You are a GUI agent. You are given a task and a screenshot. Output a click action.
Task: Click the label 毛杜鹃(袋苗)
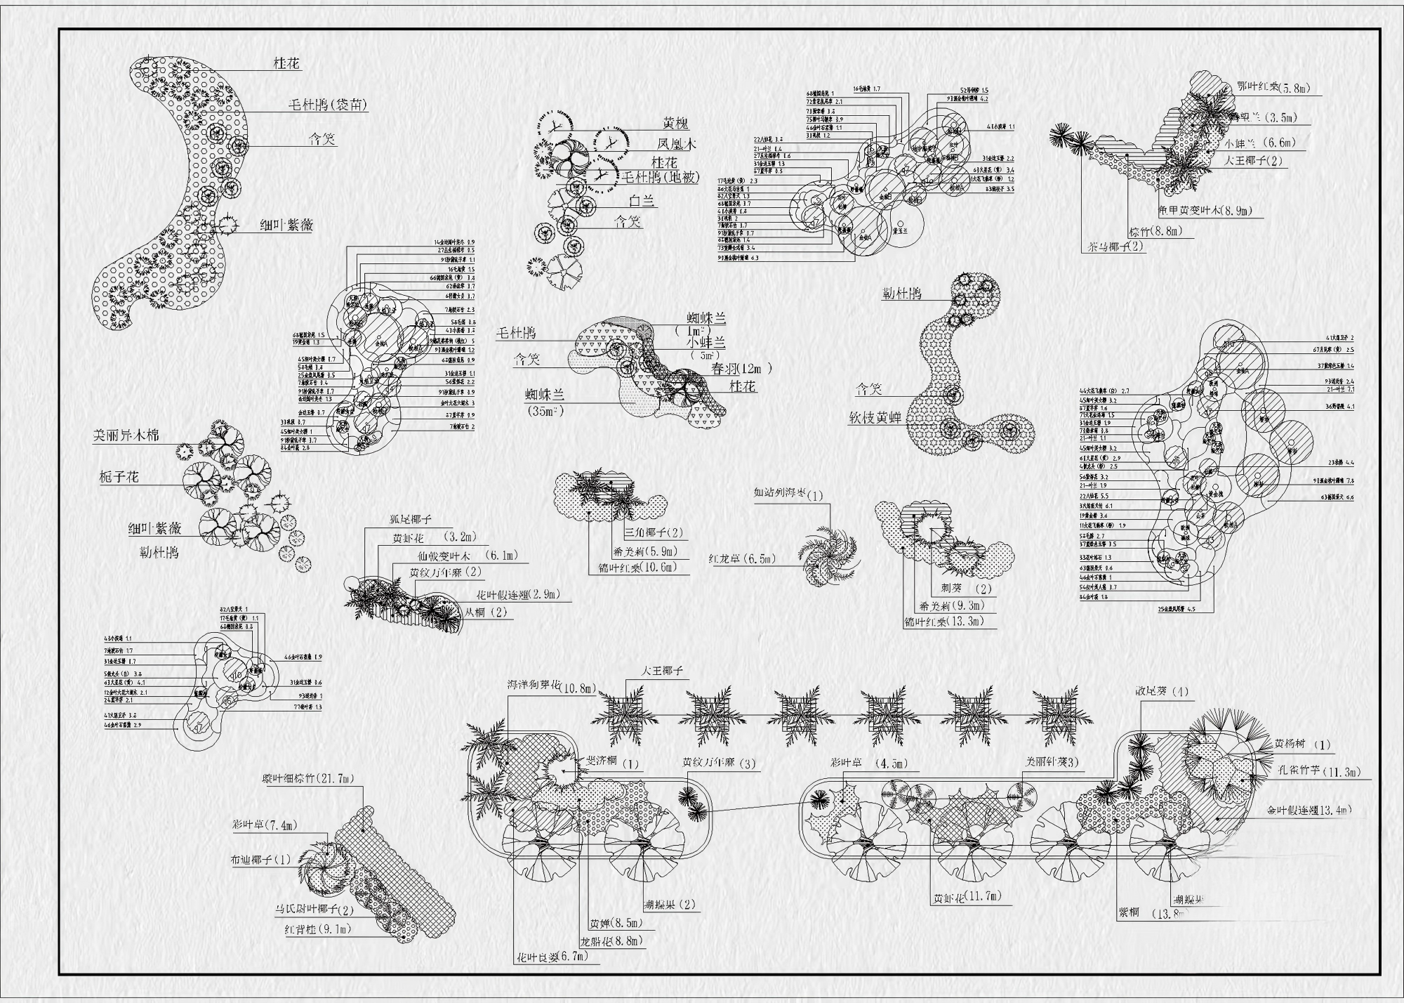pyautogui.click(x=328, y=105)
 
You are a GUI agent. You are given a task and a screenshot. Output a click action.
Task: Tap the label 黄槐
pyautogui.click(x=676, y=124)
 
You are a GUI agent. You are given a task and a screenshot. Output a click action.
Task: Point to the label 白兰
pyautogui.click(x=642, y=201)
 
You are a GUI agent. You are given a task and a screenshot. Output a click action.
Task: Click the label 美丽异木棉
pyautogui.click(x=126, y=435)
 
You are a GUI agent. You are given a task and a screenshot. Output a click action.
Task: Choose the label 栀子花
pyautogui.click(x=119, y=478)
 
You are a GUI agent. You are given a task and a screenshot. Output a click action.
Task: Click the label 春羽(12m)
pyautogui.click(x=742, y=368)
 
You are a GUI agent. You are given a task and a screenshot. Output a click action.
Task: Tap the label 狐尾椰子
pyautogui.click(x=411, y=520)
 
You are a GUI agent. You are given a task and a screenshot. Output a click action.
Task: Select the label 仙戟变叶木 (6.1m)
pyautogui.click(x=465, y=556)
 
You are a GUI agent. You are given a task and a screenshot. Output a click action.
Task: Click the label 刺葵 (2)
pyautogui.click(x=961, y=589)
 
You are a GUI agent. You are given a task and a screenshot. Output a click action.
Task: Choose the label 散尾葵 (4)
pyautogui.click(x=1162, y=692)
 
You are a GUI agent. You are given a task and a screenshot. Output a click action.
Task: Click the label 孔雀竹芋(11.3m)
pyautogui.click(x=1319, y=773)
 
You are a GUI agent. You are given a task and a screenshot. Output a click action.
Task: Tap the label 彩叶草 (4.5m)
pyautogui.click(x=868, y=763)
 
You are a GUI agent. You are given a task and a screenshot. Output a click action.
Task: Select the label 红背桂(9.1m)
pyautogui.click(x=317, y=929)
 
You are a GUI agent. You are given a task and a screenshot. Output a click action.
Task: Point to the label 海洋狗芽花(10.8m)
pyautogui.click(x=552, y=686)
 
